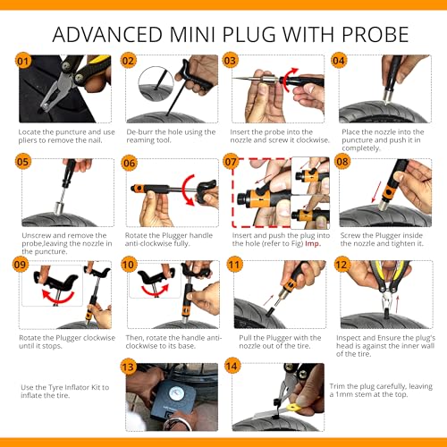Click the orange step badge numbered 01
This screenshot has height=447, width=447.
coord(22,61)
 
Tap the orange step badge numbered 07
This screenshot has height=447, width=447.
coord(231,162)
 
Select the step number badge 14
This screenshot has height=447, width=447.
coord(232,367)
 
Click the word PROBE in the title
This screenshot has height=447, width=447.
coord(375,35)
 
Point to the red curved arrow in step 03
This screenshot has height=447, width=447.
coord(288,80)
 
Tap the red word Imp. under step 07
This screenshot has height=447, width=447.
coord(313,243)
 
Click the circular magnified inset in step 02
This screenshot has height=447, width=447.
coord(156,84)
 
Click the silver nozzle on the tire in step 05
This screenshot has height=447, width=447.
coord(60,207)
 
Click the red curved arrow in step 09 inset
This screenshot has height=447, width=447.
coord(58,295)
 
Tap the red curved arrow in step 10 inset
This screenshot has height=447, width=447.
coord(155,291)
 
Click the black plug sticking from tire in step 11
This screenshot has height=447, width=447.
coord(272,311)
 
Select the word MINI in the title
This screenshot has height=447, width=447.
coord(192,35)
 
